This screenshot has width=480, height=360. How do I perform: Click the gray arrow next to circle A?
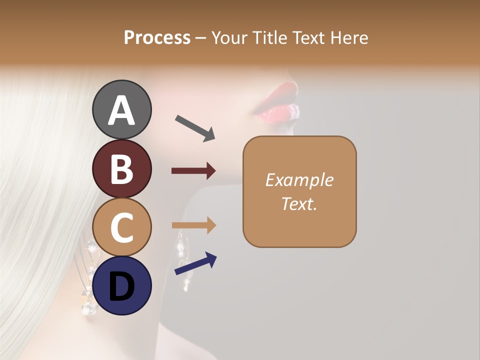[x=195, y=128]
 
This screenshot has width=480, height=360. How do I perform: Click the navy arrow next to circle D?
[x=195, y=263]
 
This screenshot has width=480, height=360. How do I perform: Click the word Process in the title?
[x=157, y=37]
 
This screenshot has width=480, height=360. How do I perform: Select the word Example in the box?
[x=299, y=180]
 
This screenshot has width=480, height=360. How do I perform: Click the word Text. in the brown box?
[x=299, y=203]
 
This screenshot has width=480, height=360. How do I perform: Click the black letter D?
[x=121, y=287]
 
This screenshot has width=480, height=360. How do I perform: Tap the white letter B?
[x=121, y=169]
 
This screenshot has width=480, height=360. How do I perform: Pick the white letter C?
[x=121, y=228]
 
